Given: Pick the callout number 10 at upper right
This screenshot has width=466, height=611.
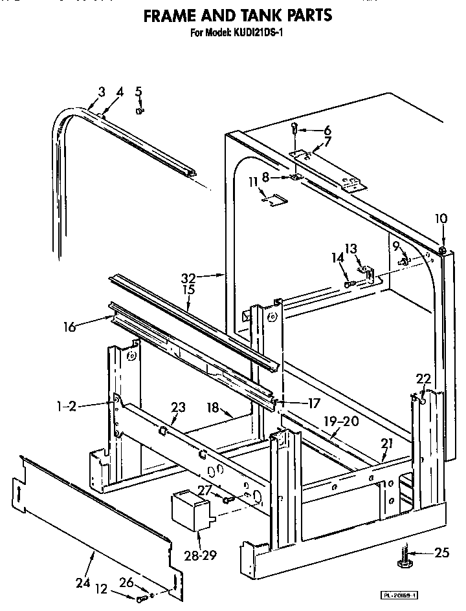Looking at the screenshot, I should click(x=441, y=219).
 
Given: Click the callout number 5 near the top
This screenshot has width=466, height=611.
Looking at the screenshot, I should click(x=139, y=91).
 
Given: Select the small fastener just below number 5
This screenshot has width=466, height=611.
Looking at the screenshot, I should click(x=139, y=111).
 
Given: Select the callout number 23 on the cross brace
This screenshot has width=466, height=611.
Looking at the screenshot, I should click(x=178, y=407).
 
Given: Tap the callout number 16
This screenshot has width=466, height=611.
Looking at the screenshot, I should click(x=69, y=327).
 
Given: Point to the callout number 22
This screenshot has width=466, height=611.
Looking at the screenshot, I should click(x=423, y=379).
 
